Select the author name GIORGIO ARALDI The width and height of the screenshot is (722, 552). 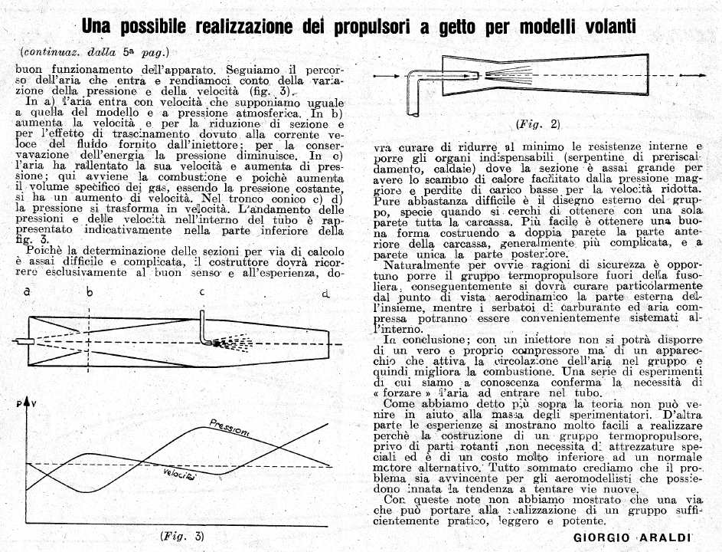click(x=632, y=538)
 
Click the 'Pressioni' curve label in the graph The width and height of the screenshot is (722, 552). click(x=229, y=428)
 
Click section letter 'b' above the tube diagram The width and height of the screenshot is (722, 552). click(x=90, y=292)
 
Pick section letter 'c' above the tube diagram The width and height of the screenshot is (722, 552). click(x=202, y=292)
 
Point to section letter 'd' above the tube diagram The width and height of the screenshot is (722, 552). click(x=326, y=294)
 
